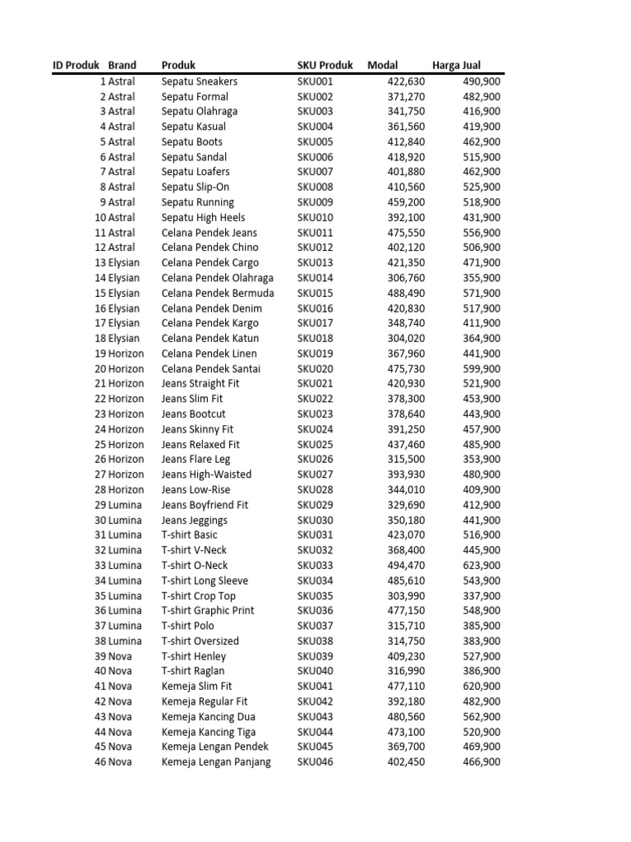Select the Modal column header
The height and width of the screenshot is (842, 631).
[x=382, y=66]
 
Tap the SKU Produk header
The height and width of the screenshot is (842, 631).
[x=325, y=66]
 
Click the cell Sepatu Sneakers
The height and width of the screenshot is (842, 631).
[x=200, y=81]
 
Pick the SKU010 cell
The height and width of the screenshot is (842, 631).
[x=315, y=218]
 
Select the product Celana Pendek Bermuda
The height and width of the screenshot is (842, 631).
[x=218, y=294]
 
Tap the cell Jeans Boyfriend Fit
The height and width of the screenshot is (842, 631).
[x=205, y=505]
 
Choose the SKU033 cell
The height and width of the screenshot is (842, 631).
[x=315, y=566]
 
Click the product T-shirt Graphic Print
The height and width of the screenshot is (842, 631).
[x=208, y=611]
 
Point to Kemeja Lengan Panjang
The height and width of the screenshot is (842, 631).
[x=216, y=762]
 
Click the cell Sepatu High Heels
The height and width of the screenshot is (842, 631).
[x=203, y=218]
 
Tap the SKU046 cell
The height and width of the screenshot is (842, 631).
[x=315, y=762]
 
